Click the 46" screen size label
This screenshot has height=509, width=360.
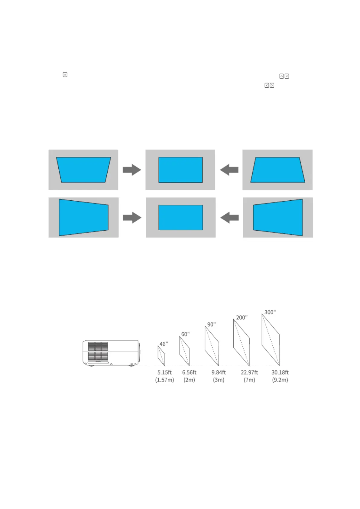click(164, 344)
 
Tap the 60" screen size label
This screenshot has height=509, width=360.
click(185, 334)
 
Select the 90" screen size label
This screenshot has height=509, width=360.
click(211, 324)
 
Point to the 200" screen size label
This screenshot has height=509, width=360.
click(242, 317)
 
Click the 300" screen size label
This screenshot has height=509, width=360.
click(270, 312)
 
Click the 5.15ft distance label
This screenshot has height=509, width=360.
click(164, 372)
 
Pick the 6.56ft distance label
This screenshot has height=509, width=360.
click(189, 372)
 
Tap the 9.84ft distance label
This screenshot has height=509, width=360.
click(219, 372)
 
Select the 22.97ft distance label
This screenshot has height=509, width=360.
click(249, 372)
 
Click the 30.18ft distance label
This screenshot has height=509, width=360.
click(280, 372)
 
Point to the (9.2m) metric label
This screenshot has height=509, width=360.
click(280, 380)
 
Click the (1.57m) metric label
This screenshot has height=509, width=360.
click(164, 380)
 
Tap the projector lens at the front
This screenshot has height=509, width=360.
click(139, 352)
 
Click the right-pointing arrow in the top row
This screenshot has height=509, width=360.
click(132, 170)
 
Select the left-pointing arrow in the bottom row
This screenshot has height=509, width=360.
click(229, 218)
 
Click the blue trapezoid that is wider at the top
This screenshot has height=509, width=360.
click(83, 170)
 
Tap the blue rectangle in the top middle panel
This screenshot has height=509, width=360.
click(180, 170)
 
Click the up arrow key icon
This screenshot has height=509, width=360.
click(281, 76)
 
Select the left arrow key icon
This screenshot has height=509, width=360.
click(267, 86)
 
